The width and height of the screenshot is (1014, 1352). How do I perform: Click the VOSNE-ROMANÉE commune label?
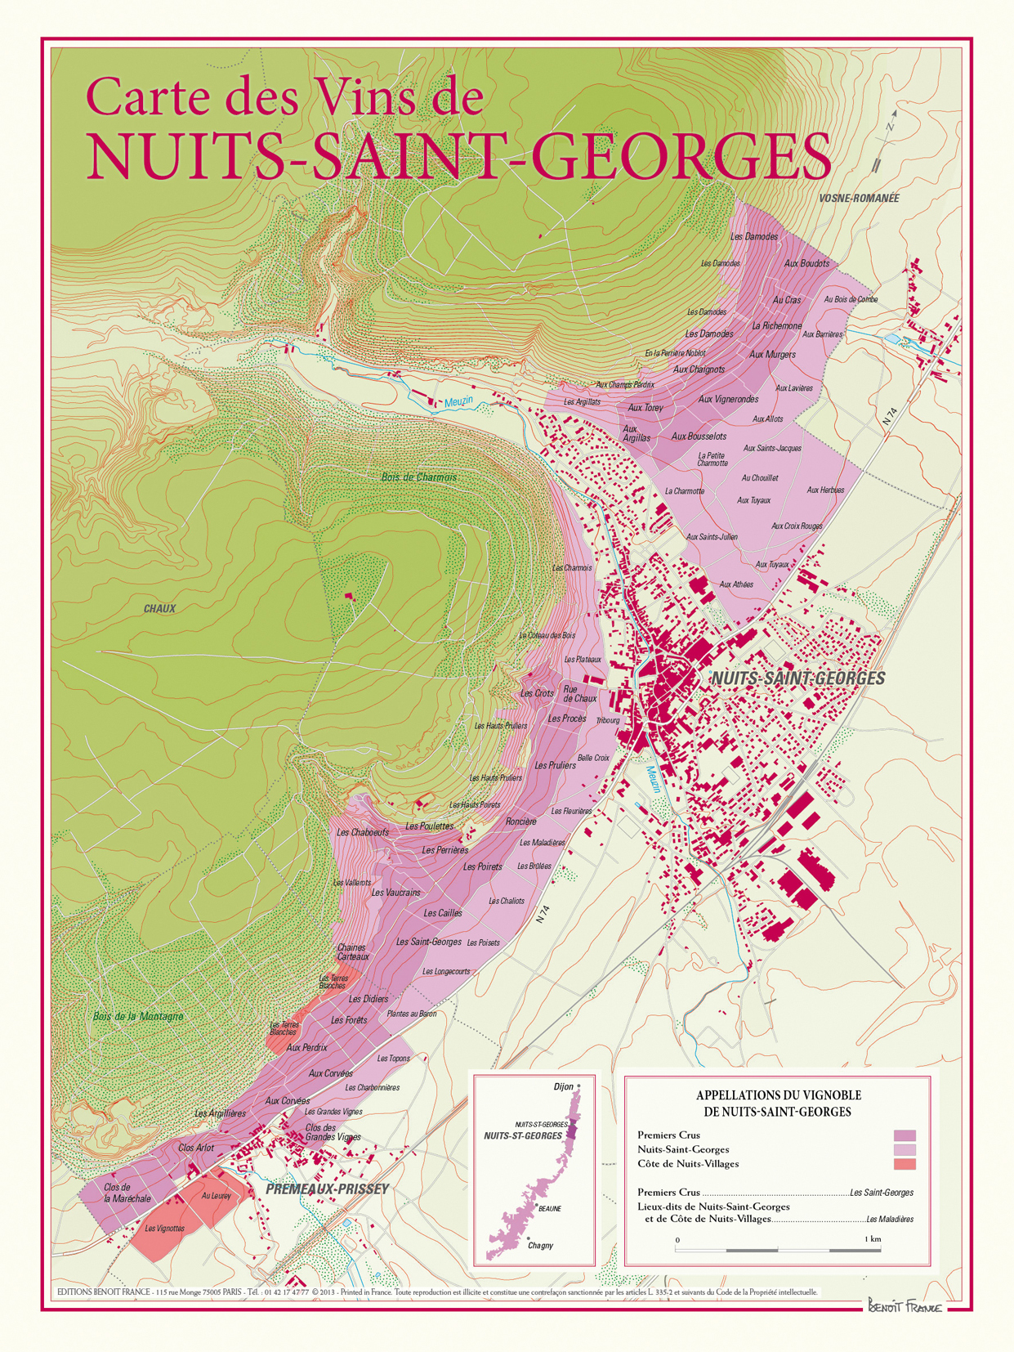coord(858,199)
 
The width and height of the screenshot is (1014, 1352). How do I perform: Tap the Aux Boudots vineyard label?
coord(806,263)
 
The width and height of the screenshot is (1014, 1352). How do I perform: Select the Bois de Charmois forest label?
coord(418,477)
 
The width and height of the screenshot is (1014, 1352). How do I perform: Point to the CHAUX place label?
coord(159,609)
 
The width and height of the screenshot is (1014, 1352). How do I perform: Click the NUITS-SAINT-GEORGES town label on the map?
coord(797,678)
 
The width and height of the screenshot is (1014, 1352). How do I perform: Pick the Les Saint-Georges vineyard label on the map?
coord(428,942)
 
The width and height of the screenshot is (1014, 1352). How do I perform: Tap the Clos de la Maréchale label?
coord(127,1193)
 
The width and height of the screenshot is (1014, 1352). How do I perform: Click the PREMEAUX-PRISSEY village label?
coord(327,1189)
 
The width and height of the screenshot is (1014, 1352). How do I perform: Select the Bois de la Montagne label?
coord(137,1017)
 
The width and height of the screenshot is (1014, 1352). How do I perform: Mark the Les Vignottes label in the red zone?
coord(164,1228)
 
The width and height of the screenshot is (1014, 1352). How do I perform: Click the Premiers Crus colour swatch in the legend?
coord(905,1135)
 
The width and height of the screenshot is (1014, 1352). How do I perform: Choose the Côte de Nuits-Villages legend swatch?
coord(905,1164)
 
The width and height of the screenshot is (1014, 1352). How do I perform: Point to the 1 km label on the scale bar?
coord(872,1239)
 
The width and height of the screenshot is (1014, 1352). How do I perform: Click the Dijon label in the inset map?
coord(564,1087)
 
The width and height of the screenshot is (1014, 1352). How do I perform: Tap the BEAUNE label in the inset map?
coord(549,1208)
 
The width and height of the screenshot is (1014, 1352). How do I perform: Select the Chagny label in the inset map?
coord(540,1246)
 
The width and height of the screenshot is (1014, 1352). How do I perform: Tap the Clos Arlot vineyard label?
coord(195,1148)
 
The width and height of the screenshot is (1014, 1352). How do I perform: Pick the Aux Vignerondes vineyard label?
coord(728,400)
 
